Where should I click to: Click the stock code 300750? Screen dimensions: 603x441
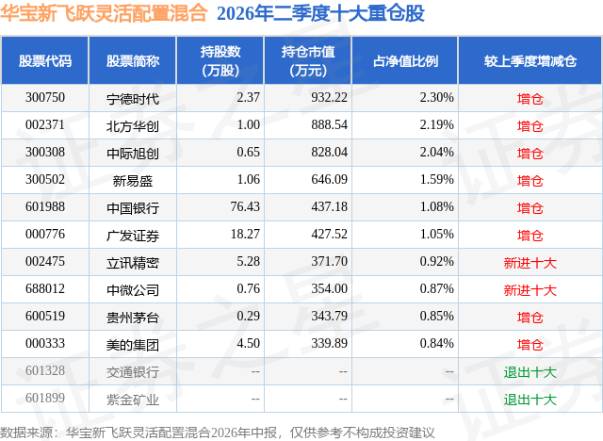coord(45,98)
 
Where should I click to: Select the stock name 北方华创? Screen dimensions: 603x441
coord(133,126)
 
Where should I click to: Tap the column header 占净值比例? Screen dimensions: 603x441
coord(405,61)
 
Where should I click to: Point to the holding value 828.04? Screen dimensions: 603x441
coord(329,153)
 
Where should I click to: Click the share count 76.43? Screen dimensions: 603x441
coord(245,207)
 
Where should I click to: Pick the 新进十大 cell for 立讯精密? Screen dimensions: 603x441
coord(530,263)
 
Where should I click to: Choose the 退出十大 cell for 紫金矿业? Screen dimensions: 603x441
coord(530,400)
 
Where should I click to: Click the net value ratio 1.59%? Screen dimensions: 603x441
coord(436,180)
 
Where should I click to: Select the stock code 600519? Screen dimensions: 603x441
coord(45,316)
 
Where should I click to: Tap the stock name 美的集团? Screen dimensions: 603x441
coord(133,345)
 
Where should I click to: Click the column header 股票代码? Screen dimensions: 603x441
coord(45,61)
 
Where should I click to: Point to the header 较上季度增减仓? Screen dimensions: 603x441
coord(530,61)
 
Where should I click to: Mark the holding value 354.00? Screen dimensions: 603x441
coord(329,288)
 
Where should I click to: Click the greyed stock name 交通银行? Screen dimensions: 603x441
coord(133,372)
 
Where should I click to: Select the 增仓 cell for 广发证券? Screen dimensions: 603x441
coord(530,236)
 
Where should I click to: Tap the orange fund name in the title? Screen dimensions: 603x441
coord(104,13)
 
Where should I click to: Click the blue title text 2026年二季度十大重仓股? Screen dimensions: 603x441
coord(320,13)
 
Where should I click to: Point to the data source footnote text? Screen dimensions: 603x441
coord(218,433)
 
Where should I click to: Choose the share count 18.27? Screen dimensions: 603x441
coord(245,234)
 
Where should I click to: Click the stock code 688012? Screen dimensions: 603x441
coord(45,288)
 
